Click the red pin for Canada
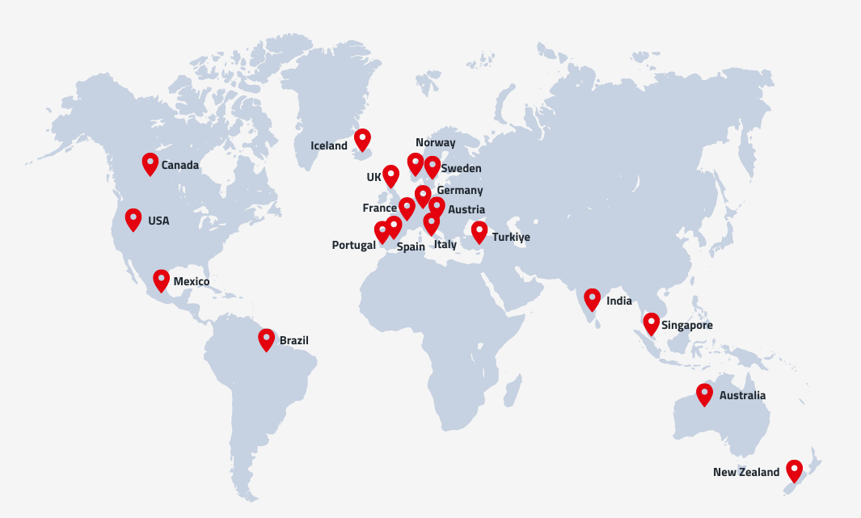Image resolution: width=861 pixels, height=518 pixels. click(x=150, y=163)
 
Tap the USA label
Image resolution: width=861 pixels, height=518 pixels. click(x=158, y=221)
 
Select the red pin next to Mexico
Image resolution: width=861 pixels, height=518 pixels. click(x=162, y=280)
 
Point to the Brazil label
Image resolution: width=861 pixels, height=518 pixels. click(x=293, y=341)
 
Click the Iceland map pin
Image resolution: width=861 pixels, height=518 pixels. click(x=362, y=139)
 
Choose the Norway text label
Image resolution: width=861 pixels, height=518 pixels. click(x=435, y=143)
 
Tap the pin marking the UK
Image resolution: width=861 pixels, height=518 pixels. click(x=390, y=175)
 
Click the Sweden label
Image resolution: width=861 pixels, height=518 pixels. click(x=461, y=169)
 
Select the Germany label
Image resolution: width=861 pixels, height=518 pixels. click(x=459, y=191)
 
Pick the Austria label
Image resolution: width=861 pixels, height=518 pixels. click(x=466, y=210)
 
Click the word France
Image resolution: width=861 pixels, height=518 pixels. click(x=379, y=208)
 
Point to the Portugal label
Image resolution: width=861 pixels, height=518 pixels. click(x=353, y=245)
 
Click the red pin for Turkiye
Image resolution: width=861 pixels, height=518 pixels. click(x=479, y=232)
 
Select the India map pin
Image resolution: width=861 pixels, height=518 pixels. click(x=593, y=299)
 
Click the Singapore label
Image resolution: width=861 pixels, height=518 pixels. click(x=686, y=326)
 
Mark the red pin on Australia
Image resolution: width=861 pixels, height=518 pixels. click(x=705, y=394)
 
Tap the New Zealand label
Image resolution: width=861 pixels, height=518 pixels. click(x=745, y=473)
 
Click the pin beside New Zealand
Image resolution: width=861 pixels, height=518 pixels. click(x=795, y=470)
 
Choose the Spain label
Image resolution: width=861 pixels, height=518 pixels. click(x=411, y=247)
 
